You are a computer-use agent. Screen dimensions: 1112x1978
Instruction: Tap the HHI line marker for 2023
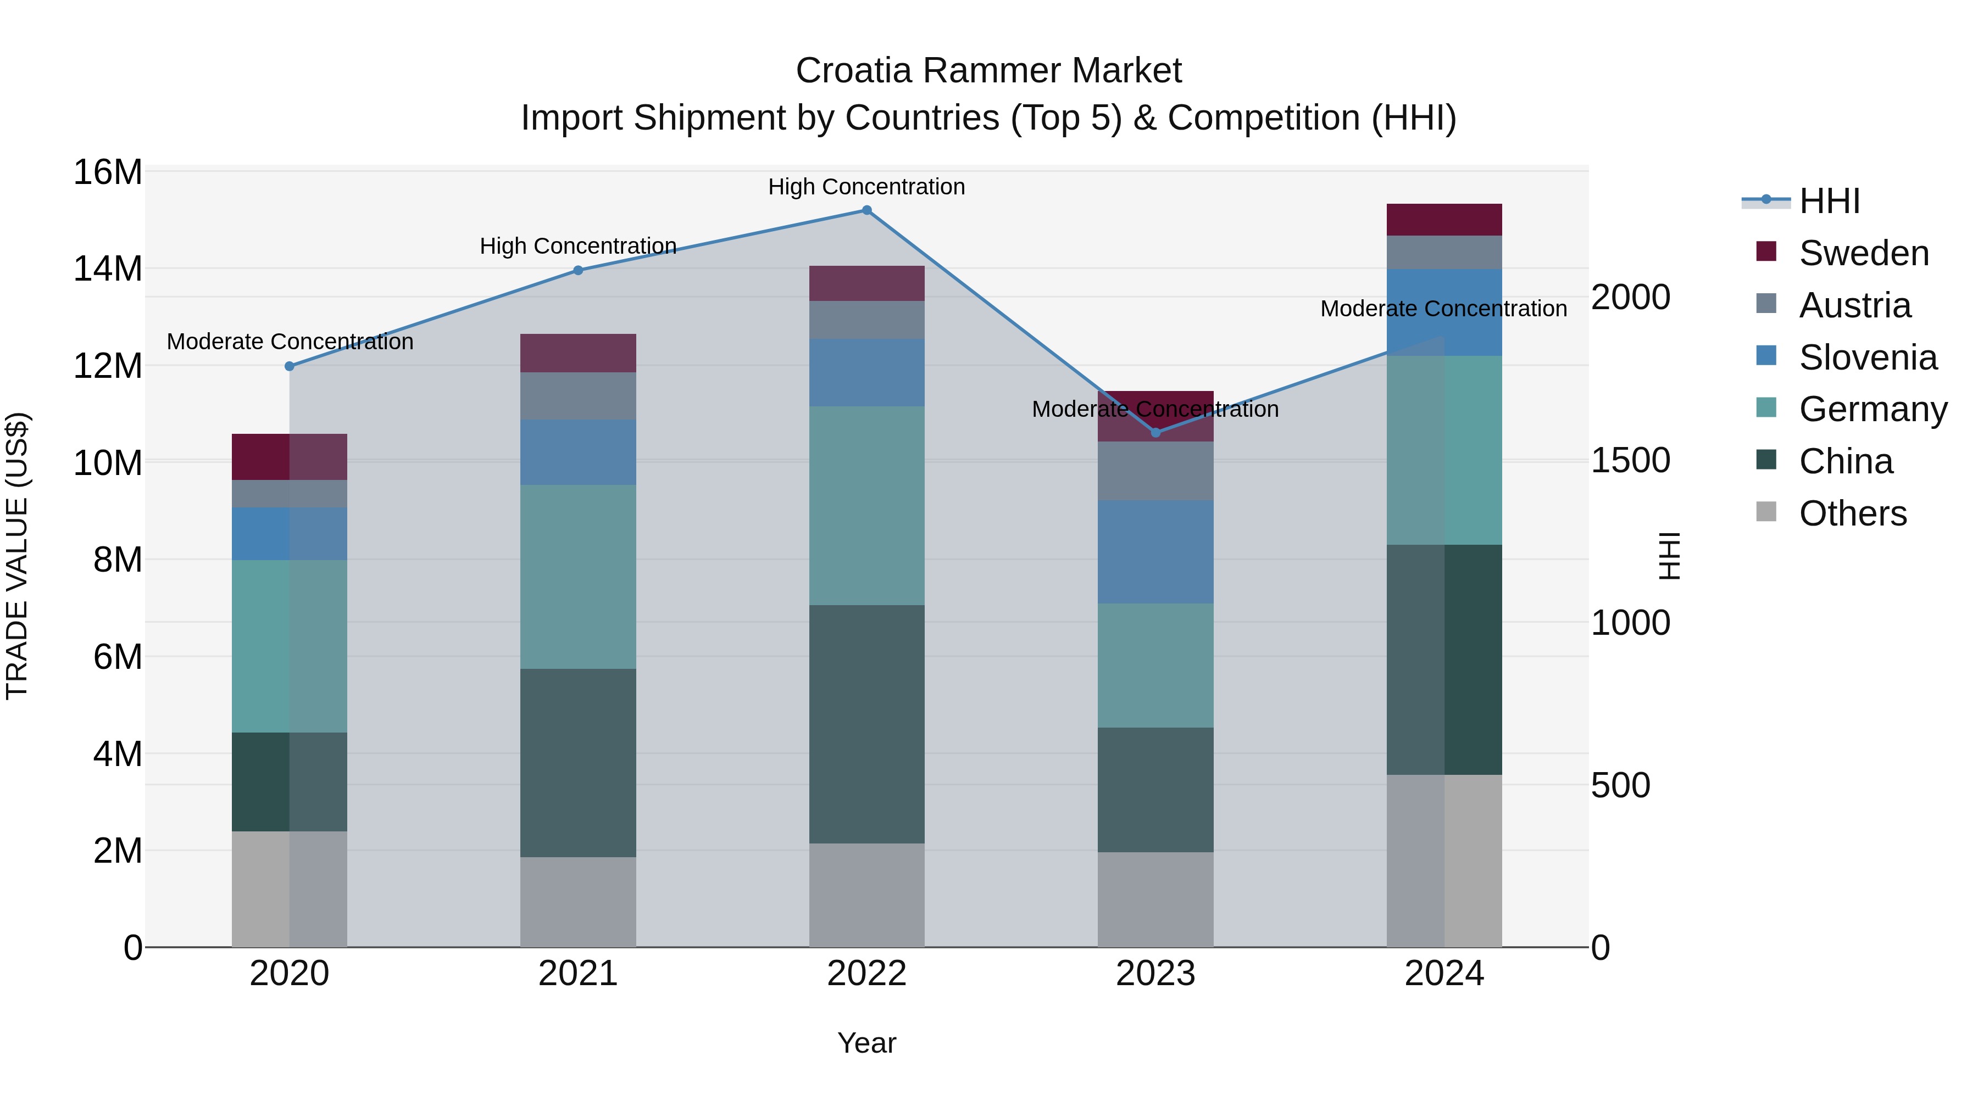pyautogui.click(x=1155, y=433)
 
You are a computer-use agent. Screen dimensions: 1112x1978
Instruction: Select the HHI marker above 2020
pyautogui.click(x=290, y=367)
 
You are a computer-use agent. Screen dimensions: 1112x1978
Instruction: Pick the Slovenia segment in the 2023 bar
pyautogui.click(x=1155, y=552)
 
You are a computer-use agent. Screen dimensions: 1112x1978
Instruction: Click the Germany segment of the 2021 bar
pyautogui.click(x=578, y=577)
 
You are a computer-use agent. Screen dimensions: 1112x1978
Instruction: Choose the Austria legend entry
pyautogui.click(x=1854, y=305)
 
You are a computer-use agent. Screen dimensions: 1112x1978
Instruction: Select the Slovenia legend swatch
pyautogui.click(x=1766, y=356)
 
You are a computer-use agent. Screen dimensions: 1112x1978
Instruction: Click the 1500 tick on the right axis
pyautogui.click(x=1630, y=461)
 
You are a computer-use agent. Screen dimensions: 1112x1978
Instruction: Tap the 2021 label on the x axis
pyautogui.click(x=578, y=974)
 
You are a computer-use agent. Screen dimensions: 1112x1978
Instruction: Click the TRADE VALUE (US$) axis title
pyautogui.click(x=17, y=556)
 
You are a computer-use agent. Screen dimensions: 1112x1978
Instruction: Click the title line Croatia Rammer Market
pyautogui.click(x=988, y=71)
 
